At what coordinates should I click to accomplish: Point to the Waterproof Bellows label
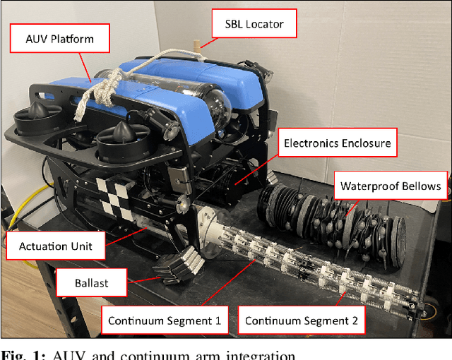click(x=391, y=186)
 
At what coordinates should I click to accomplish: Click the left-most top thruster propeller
click(x=35, y=116)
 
